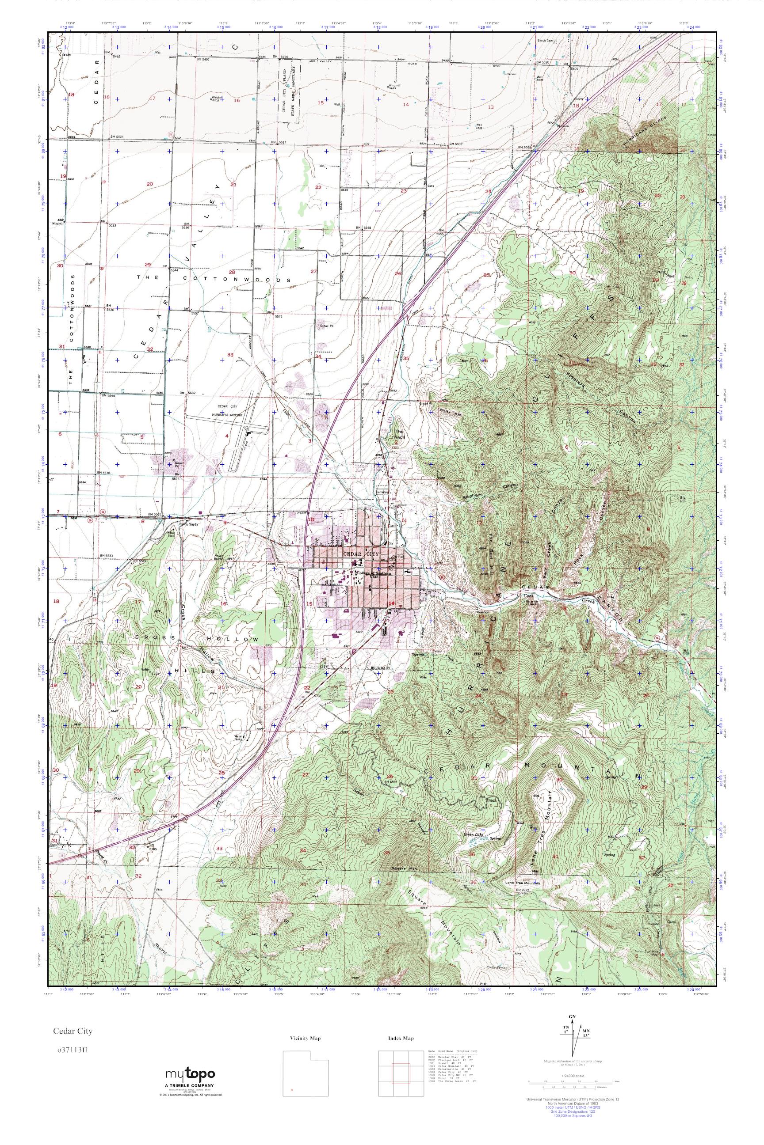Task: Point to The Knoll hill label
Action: tap(400, 435)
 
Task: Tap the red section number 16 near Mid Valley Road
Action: tap(237, 100)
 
